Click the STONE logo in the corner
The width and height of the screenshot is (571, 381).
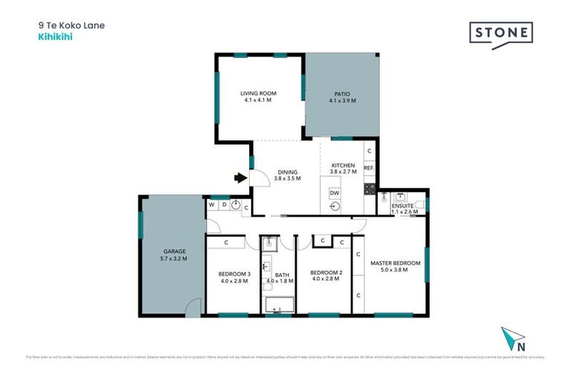click(500, 34)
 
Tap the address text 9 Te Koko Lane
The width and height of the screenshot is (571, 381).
click(71, 25)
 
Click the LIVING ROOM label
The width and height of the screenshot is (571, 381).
click(258, 93)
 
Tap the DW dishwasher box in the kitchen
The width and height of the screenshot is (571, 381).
click(335, 193)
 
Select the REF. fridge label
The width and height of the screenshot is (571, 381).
click(368, 168)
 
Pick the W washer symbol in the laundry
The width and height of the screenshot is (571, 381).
click(212, 204)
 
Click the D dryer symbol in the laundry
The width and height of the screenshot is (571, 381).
click(223, 204)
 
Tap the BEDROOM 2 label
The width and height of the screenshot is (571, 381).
click(326, 273)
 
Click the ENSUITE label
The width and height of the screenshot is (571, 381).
click(404, 206)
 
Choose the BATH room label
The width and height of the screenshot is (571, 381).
click(283, 274)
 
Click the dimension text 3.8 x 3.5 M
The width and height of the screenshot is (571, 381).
click(286, 179)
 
